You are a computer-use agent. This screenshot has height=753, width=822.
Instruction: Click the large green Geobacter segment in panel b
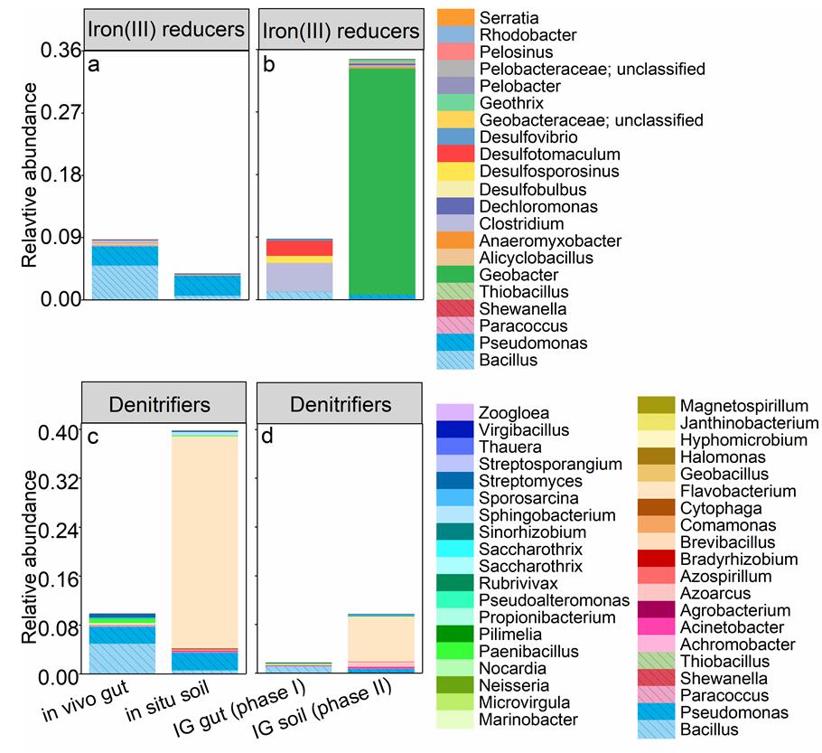pyautogui.click(x=381, y=181)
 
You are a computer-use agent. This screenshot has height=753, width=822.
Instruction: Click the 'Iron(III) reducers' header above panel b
pyautogui.click(x=341, y=32)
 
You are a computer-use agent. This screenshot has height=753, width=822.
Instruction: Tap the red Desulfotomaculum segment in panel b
pyautogui.click(x=294, y=249)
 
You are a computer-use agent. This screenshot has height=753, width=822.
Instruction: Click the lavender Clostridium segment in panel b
pyautogui.click(x=294, y=277)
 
